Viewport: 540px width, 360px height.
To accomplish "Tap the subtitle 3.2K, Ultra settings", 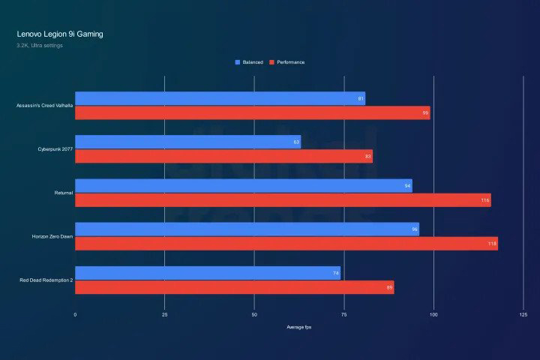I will click(x=40, y=46).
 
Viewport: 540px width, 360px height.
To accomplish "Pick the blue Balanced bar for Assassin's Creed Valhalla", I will click(x=220, y=98).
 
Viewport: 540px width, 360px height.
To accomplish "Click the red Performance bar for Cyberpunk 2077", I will click(x=223, y=156).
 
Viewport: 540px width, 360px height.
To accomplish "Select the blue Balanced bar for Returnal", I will click(x=243, y=185).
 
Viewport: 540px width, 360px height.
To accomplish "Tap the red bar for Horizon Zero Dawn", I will click(x=286, y=243).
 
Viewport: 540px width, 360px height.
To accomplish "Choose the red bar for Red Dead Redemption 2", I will click(x=234, y=286).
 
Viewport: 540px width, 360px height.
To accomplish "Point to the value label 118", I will click(x=493, y=243).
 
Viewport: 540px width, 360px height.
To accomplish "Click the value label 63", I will click(x=296, y=142).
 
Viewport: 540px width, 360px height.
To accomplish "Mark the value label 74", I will click(x=336, y=273).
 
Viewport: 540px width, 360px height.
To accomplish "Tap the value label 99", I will click(x=425, y=112).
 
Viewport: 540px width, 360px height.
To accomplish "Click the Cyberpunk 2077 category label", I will click(x=55, y=149).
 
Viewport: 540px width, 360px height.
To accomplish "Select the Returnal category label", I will click(x=64, y=193).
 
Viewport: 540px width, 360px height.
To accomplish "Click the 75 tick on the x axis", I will click(x=343, y=314).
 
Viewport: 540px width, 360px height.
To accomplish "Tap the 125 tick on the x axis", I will click(x=523, y=314).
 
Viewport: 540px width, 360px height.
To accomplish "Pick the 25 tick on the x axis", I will click(x=164, y=314).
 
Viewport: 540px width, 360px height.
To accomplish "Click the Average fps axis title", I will click(x=298, y=328).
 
